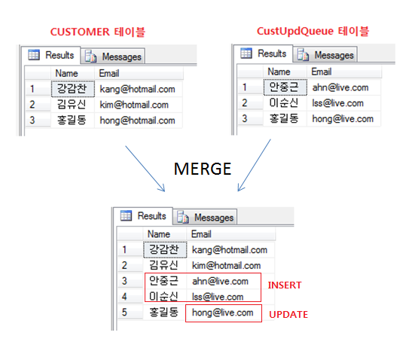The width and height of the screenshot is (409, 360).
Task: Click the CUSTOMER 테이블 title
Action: (x=98, y=32)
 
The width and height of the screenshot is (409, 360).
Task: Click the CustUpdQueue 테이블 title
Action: (x=313, y=31)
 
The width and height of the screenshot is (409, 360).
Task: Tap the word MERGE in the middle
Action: (x=203, y=169)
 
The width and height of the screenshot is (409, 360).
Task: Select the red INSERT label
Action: (x=285, y=285)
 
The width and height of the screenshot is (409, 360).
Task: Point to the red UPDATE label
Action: (x=288, y=315)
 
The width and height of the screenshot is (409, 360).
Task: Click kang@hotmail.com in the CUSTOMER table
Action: (x=138, y=89)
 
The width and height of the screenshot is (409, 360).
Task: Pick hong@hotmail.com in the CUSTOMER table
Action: (x=138, y=121)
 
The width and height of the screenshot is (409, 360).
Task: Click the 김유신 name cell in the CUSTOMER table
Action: (x=72, y=105)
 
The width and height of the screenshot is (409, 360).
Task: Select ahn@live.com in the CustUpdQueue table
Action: (x=340, y=87)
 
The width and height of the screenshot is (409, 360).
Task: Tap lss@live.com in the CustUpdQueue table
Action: (x=337, y=103)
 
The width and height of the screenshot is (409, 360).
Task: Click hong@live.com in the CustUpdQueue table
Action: (x=343, y=119)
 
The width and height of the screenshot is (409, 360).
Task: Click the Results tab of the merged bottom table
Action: (x=143, y=216)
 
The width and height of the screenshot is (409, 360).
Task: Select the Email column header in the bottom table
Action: (x=201, y=234)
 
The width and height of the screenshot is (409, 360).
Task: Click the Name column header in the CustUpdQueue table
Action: (x=279, y=72)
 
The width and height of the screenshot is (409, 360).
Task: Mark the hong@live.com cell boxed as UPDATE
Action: (x=223, y=313)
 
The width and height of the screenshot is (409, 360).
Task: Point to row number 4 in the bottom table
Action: (x=124, y=297)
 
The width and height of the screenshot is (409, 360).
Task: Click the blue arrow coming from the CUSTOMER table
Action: (x=145, y=169)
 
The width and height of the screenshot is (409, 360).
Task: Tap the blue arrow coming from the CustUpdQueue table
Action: (x=254, y=166)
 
